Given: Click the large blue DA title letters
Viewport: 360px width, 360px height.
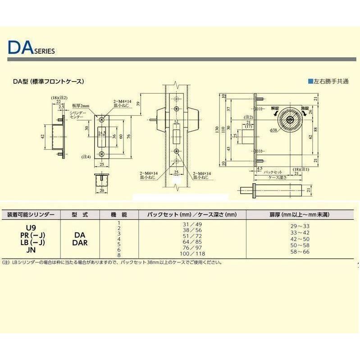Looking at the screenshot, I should pyautogui.click(x=19, y=48).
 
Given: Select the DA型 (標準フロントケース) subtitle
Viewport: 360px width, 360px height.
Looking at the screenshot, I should pyautogui.click(x=49, y=82).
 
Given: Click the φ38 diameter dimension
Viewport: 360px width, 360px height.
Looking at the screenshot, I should pyautogui.click(x=273, y=130).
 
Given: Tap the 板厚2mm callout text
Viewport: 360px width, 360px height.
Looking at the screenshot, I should pyautogui.click(x=81, y=105).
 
